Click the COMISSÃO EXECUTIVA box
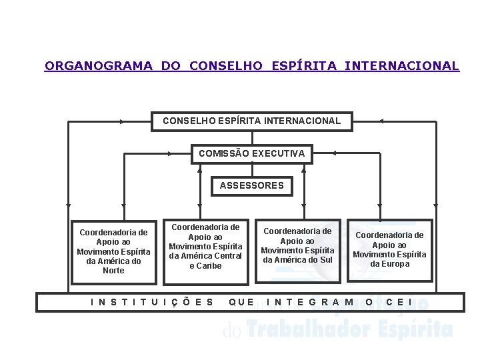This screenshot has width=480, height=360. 252,153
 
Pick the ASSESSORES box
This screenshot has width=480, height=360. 252,185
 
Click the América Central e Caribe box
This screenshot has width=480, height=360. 205,247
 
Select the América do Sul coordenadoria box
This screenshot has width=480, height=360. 297,245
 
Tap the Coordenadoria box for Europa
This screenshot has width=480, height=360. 389,249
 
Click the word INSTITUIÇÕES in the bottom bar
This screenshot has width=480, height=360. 152,302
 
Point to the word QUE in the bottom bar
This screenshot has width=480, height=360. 241,302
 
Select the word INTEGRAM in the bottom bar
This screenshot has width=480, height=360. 311,302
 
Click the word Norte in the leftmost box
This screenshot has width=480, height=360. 113,271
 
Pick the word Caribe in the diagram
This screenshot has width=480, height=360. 205,266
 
